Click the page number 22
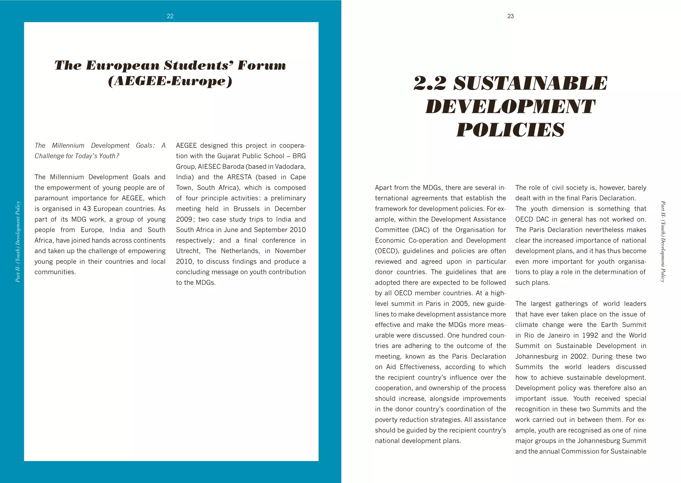coord(170,16)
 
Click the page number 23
coord(510,16)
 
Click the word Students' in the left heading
coord(199,65)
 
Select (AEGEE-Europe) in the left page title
coord(170,81)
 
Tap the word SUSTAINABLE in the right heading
coord(530,83)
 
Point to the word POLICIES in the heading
coord(510,130)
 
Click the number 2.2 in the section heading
coord(430,83)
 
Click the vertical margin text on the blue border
coord(18,242)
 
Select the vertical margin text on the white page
coord(662,242)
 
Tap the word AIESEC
coord(209,167)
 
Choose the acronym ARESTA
coord(239,177)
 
